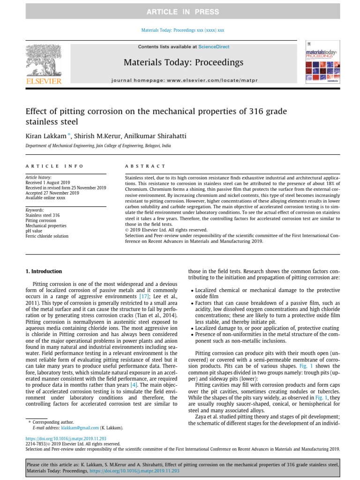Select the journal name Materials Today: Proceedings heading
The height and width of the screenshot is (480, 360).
pos(183,62)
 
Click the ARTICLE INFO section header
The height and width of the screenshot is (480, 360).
pos(54,166)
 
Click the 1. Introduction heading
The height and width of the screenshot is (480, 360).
pos(43,271)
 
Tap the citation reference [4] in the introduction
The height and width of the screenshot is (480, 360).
pos(134,372)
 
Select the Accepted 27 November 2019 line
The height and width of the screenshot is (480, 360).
pos(52,192)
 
